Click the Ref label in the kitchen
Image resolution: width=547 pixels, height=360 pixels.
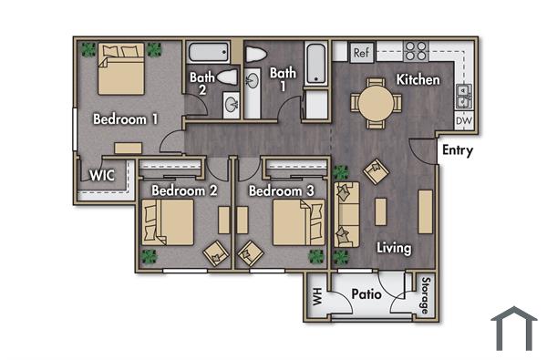[x=360, y=53]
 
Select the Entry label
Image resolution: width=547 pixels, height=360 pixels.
[x=457, y=150]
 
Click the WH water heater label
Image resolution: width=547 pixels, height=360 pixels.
[x=317, y=296]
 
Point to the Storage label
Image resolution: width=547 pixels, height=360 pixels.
[x=425, y=294]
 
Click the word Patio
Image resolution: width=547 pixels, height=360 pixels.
[x=366, y=295]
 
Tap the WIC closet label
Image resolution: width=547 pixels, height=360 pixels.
[x=101, y=176]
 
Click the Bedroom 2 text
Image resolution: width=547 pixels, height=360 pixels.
[x=184, y=191]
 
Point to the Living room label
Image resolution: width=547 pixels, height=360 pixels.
[x=392, y=248]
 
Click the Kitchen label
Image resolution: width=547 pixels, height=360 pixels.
[x=418, y=80]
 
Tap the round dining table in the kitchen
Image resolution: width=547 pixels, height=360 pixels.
[x=376, y=102]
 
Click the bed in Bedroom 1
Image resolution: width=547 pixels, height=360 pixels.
[x=119, y=72]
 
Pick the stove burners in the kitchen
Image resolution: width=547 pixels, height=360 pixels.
[x=417, y=51]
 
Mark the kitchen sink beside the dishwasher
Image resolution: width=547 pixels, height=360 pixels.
[x=463, y=91]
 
